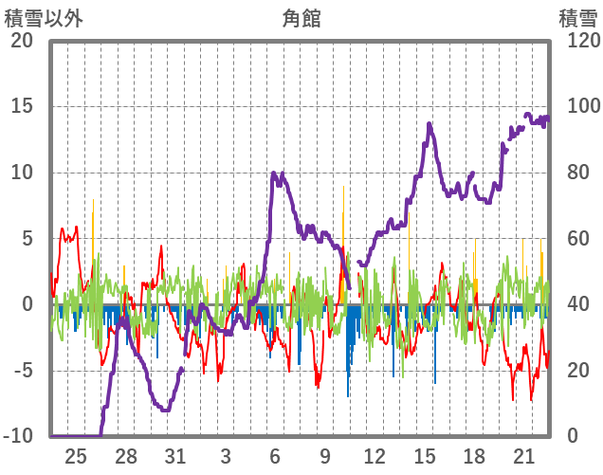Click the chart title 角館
301,18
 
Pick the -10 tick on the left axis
18,436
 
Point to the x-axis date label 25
76,455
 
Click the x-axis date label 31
174,455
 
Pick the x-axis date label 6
274,455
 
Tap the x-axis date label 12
375,455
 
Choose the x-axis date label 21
523,455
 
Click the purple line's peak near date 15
429,124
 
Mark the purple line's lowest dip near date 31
166,410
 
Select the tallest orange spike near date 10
343,187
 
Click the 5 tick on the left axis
27,238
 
